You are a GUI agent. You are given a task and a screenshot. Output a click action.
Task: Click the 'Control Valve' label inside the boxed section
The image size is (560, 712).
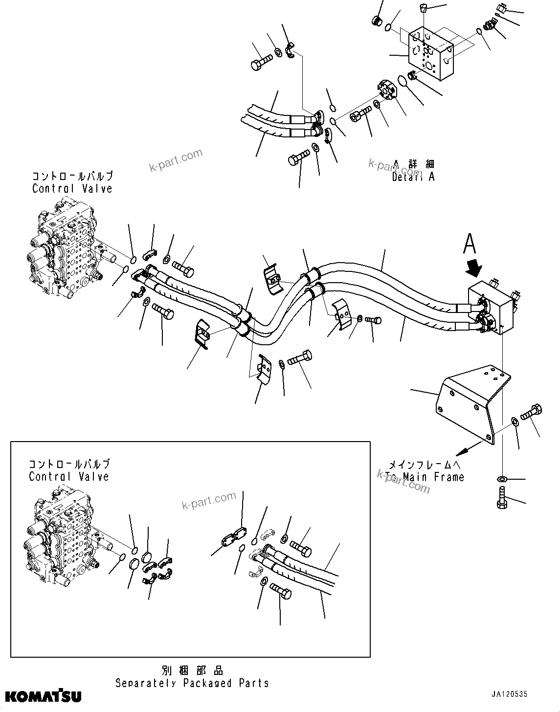(69, 470)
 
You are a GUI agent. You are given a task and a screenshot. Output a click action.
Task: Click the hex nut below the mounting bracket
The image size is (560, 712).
(501, 478)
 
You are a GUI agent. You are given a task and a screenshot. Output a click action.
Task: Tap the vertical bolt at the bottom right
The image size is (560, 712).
(502, 502)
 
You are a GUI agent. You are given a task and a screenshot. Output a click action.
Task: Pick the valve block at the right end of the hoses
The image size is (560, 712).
(491, 308)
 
